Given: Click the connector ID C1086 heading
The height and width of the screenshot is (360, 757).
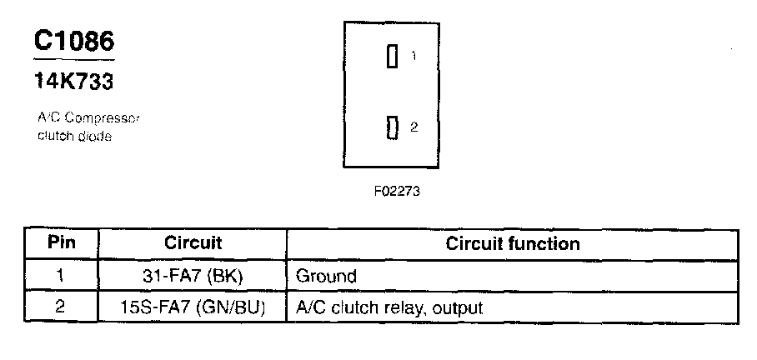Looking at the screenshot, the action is tap(73, 42).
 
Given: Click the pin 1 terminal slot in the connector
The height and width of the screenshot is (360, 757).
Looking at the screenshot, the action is tap(391, 57).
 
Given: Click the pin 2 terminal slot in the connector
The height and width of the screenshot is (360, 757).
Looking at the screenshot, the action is tap(391, 127).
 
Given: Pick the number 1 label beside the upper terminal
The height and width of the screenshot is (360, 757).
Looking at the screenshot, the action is tap(414, 57).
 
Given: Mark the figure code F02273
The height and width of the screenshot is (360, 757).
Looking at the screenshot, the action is tap(396, 191).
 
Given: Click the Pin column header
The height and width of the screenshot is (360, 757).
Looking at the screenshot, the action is tap(61, 243).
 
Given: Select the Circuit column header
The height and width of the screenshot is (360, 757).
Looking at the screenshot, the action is tap(193, 243).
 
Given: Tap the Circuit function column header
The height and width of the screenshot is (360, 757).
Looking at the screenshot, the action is tap(513, 243).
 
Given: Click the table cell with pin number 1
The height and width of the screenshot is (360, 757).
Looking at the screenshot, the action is tap(61, 275).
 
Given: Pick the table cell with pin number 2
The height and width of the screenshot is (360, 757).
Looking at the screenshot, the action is tap(61, 307).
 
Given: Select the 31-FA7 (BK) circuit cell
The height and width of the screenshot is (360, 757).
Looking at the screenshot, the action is tap(193, 275).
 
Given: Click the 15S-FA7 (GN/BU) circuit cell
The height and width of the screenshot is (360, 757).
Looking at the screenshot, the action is tap(193, 307).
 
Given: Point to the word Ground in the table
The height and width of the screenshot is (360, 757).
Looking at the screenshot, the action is tap(326, 276).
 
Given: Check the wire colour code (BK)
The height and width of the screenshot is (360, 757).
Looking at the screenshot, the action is tap(222, 275).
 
